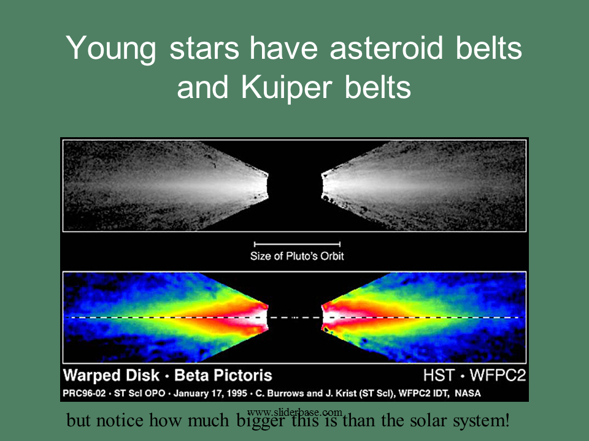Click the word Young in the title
(111, 49)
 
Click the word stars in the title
(204, 49)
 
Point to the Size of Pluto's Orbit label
(297, 256)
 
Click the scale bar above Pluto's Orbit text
(297, 244)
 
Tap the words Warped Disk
(111, 375)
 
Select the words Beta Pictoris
(223, 375)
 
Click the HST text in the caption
(439, 375)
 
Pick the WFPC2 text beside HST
(498, 375)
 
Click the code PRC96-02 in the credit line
(84, 393)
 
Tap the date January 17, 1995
(210, 394)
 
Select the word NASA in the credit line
(468, 393)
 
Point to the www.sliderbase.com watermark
(295, 412)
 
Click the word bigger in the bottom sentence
(260, 421)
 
